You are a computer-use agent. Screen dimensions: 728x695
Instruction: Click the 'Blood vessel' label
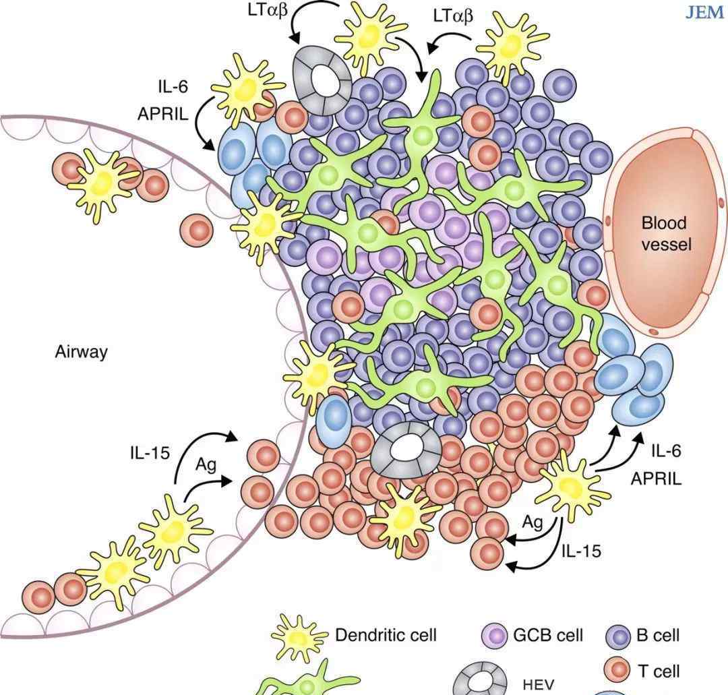664,233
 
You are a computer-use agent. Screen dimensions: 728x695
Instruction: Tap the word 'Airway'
82,352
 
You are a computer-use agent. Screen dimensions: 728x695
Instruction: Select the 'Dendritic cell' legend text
386,635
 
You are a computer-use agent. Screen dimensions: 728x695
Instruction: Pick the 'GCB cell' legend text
548,635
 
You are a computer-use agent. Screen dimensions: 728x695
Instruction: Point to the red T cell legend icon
618,671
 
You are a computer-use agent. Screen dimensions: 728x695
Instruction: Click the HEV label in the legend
539,684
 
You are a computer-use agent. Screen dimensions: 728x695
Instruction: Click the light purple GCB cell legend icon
495,636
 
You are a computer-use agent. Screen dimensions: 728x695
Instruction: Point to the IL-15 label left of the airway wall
150,452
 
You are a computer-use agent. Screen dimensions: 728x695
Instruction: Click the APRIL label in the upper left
162,113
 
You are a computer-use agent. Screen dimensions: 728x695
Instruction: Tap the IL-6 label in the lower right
666,451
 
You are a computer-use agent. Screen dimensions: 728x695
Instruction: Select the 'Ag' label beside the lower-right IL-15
533,522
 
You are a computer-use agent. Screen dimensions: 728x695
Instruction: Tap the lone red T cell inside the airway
196,230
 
